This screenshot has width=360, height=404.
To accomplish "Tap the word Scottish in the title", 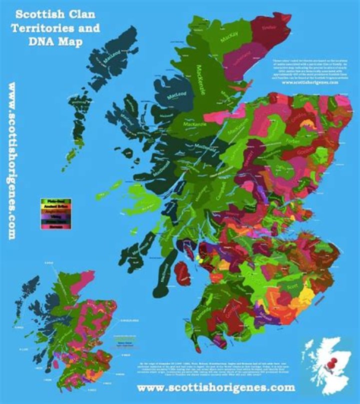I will point(37,12).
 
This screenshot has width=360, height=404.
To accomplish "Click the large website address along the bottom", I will point(216,387).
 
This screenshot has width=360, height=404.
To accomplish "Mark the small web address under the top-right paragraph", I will point(310,82).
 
